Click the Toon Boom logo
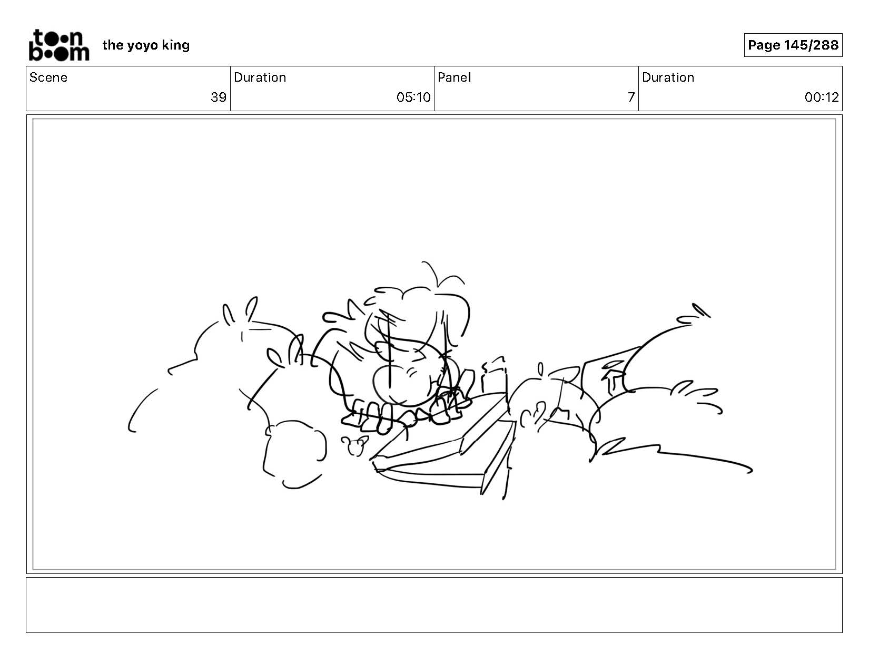[x=59, y=45]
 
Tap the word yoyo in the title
[x=142, y=46]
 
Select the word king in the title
[x=175, y=45]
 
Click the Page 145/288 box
[x=793, y=45]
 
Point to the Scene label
[x=48, y=77]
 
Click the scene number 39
[x=219, y=98]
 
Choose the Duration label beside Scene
[x=260, y=77]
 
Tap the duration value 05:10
[x=413, y=98]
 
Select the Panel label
[x=455, y=77]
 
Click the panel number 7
[x=631, y=98]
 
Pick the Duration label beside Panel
[x=668, y=77]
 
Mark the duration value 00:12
[x=822, y=98]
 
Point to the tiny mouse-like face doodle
[x=354, y=445]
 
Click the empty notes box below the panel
[x=434, y=605]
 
